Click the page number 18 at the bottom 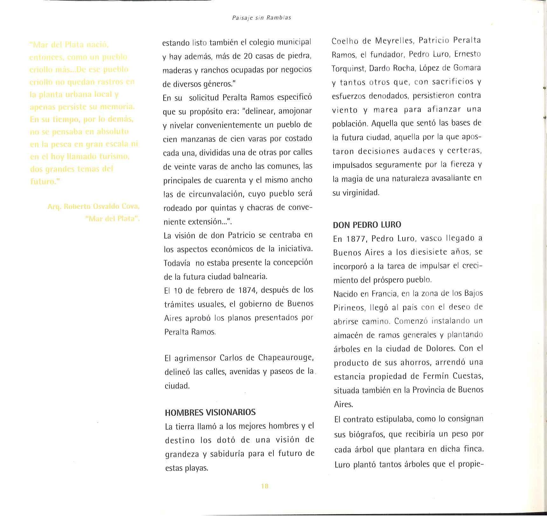265,486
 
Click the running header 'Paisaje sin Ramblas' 262,18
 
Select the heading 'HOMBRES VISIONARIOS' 210,412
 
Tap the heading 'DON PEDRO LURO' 367,225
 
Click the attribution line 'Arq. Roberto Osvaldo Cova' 94,206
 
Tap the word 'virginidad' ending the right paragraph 361,193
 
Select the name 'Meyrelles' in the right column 394,41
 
